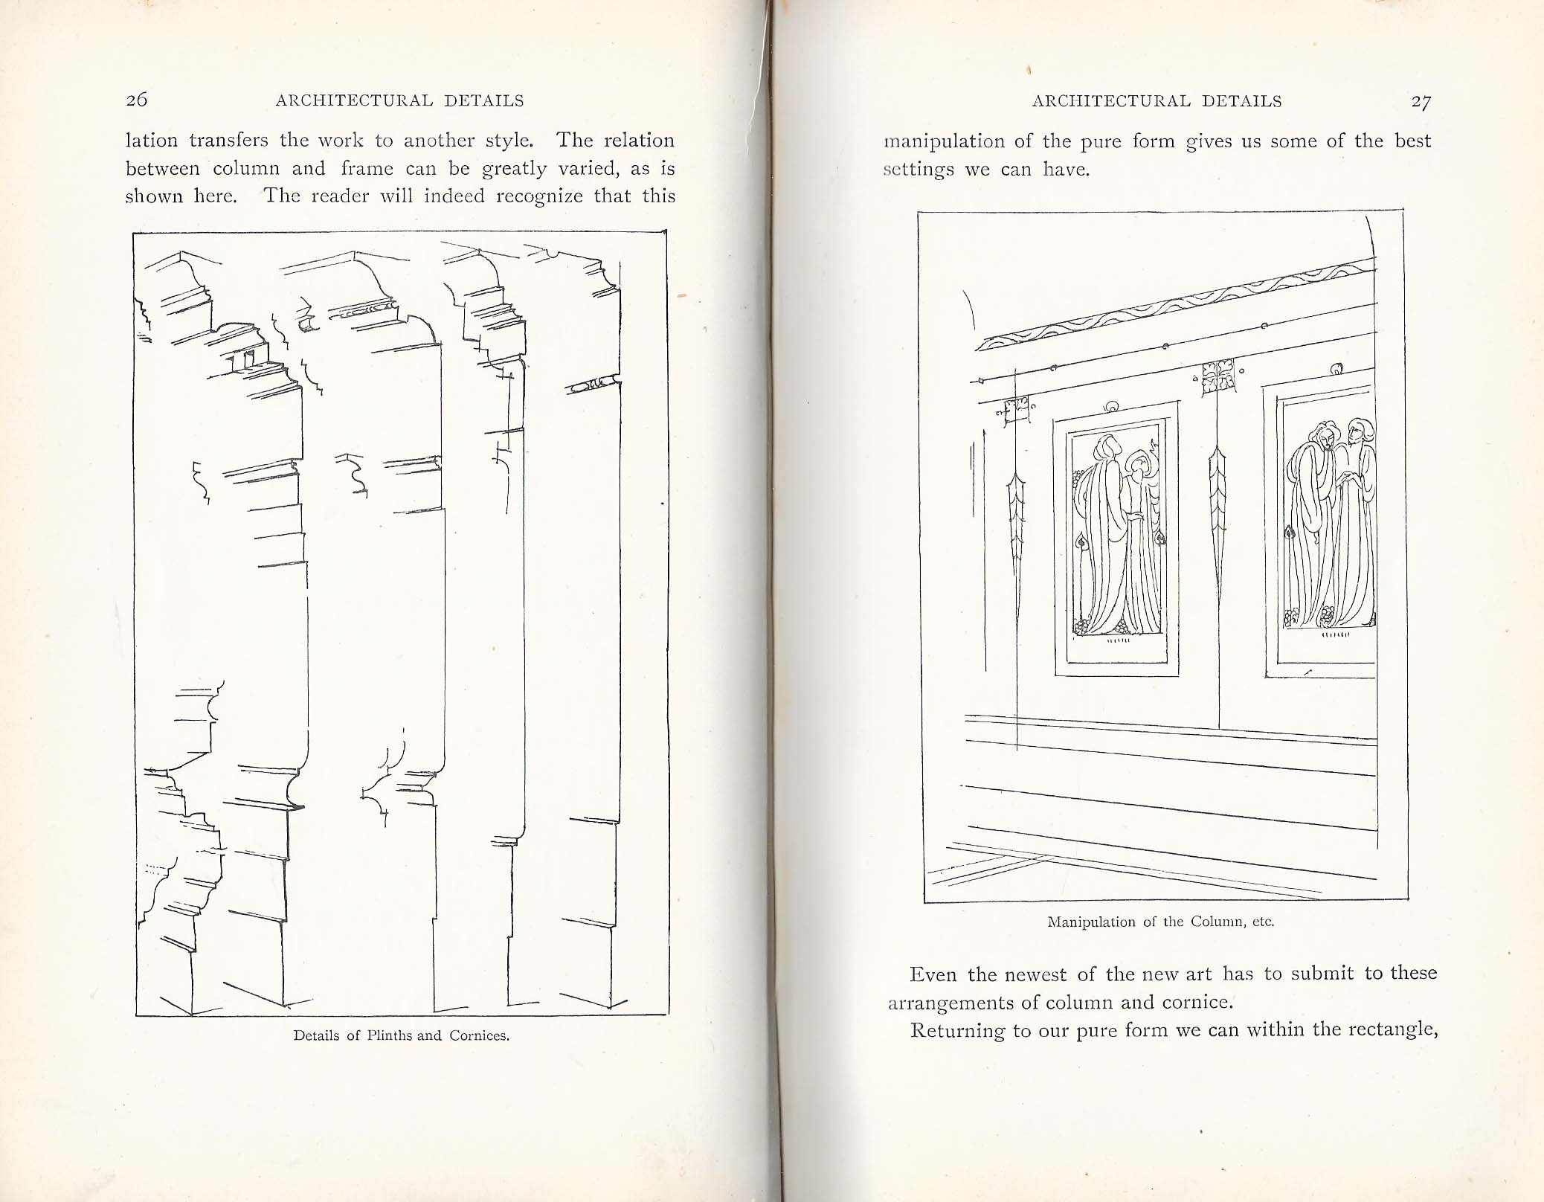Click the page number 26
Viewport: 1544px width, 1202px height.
click(x=138, y=100)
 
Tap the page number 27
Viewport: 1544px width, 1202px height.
click(x=1421, y=103)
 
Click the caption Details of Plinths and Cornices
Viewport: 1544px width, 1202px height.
click(x=402, y=1035)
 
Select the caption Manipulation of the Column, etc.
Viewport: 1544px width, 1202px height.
click(x=1160, y=922)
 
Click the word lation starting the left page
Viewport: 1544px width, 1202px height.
click(x=152, y=140)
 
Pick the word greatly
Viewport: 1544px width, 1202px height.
click(x=515, y=170)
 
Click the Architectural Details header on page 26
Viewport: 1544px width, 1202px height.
click(x=400, y=100)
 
